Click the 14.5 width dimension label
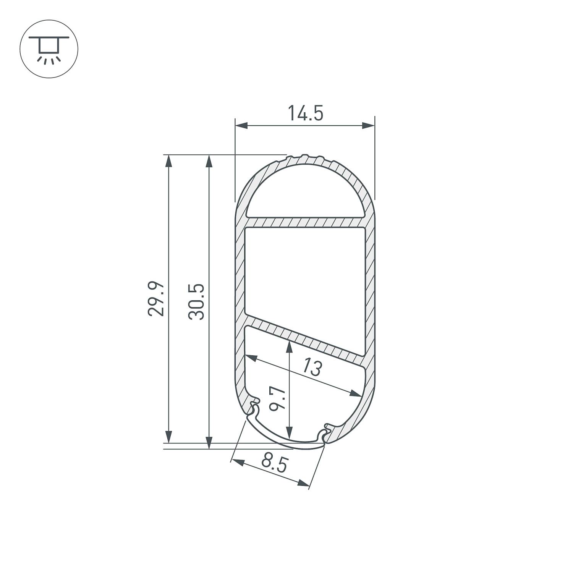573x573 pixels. (305, 113)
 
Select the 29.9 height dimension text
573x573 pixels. (156, 299)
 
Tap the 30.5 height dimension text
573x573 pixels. (197, 301)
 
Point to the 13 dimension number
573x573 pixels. (312, 367)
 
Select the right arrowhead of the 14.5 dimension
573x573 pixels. (368, 125)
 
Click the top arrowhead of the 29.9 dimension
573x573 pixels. (168, 161)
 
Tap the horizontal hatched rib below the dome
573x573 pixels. (305, 222)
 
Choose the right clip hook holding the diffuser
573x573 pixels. (326, 432)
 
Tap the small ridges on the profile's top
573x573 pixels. (305, 157)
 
